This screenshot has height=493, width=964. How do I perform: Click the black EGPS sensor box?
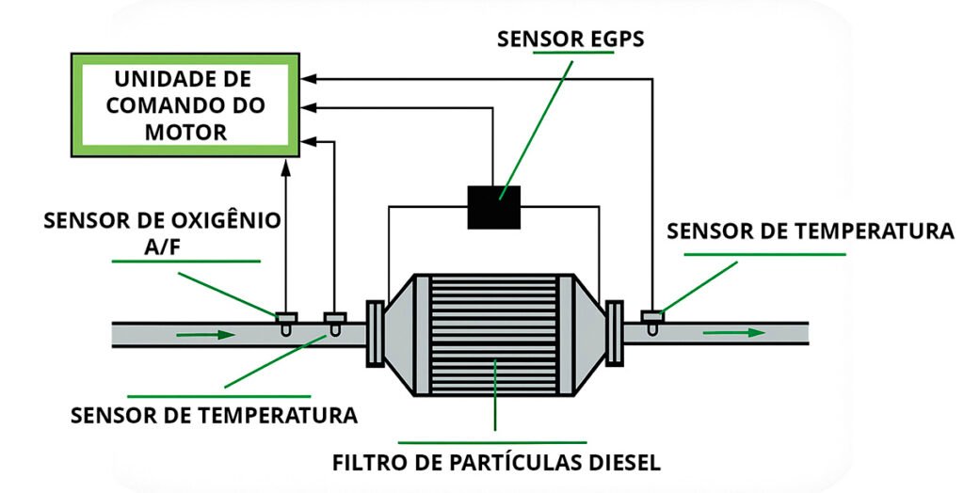pos(494,206)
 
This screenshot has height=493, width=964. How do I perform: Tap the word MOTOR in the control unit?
pos(185,132)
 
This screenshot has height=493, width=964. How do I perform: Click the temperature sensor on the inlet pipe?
pos(333,320)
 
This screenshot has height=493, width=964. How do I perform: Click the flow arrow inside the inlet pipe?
pos(201,334)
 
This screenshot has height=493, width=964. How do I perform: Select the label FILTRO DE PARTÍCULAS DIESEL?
pos(497,463)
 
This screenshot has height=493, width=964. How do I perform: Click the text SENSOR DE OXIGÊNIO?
pos(162,220)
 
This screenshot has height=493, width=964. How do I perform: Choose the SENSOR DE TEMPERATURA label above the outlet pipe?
pos(810,231)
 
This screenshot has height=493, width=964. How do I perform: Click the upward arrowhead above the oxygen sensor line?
pos(286,167)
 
